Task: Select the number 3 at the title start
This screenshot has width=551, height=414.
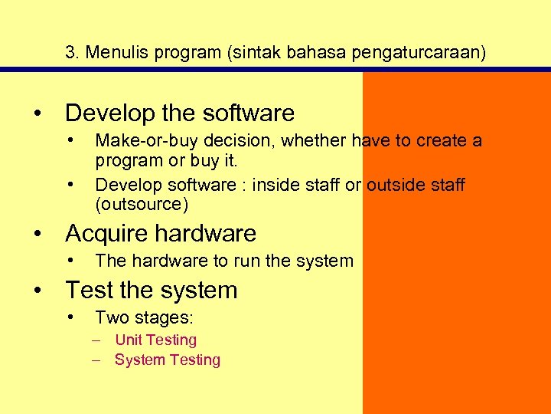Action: (70, 53)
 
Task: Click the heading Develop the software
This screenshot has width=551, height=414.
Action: (179, 113)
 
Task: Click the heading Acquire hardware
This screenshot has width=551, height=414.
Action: (161, 233)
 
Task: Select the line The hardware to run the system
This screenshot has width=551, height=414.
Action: (224, 261)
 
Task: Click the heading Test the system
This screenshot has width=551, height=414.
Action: (152, 291)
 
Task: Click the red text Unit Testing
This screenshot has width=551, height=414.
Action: (155, 340)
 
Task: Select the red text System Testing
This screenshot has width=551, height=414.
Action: (167, 360)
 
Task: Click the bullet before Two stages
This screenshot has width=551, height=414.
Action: (70, 317)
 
